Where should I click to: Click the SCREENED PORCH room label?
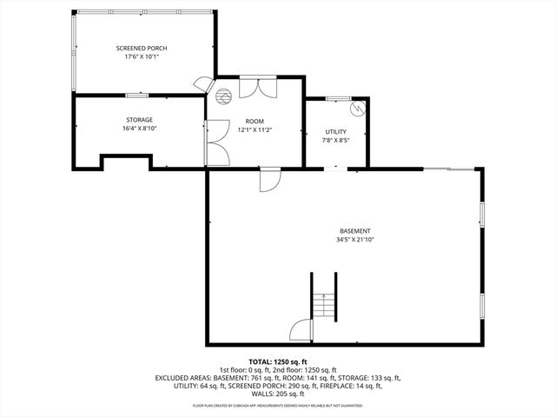142,48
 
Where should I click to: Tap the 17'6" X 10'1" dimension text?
142,56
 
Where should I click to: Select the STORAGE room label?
139,120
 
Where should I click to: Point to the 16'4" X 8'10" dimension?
139,129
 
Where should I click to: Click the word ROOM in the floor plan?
255,120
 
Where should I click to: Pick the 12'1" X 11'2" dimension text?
255,129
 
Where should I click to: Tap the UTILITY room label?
335,130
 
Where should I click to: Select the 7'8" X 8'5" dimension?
335,139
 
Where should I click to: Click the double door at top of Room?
255,87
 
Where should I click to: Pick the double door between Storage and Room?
215,143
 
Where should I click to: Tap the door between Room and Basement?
269,179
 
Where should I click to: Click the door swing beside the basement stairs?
300,331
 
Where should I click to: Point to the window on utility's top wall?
337,97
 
